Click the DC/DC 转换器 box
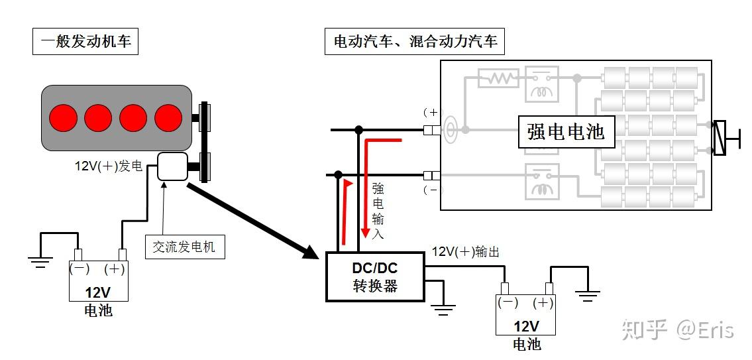click(375, 276)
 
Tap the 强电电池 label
click(566, 131)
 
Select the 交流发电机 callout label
click(184, 247)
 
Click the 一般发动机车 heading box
click(85, 42)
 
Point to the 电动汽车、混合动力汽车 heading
click(415, 42)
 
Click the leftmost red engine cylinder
click(64, 117)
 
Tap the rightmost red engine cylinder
click(168, 117)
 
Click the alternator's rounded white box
click(173, 166)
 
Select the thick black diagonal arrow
click(252, 219)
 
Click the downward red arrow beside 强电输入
click(365, 192)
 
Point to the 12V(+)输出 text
click(465, 252)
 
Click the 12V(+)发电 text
click(108, 166)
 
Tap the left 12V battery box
click(99, 281)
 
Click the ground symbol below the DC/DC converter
click(444, 306)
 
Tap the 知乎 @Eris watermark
click(677, 329)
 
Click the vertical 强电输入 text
click(378, 210)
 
